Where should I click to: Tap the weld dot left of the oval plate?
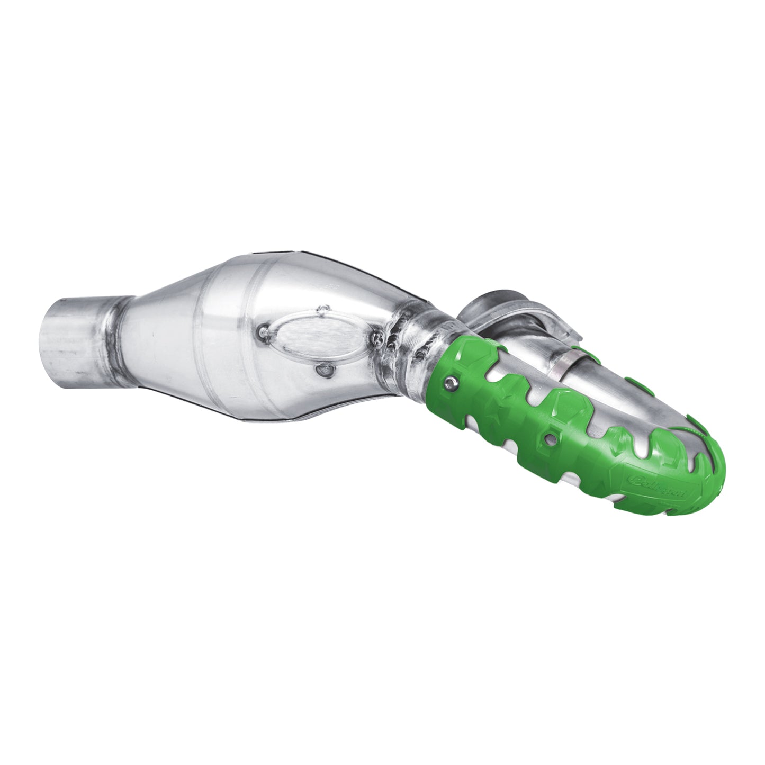(x=261, y=333)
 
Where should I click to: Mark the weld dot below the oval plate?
(x=321, y=369)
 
